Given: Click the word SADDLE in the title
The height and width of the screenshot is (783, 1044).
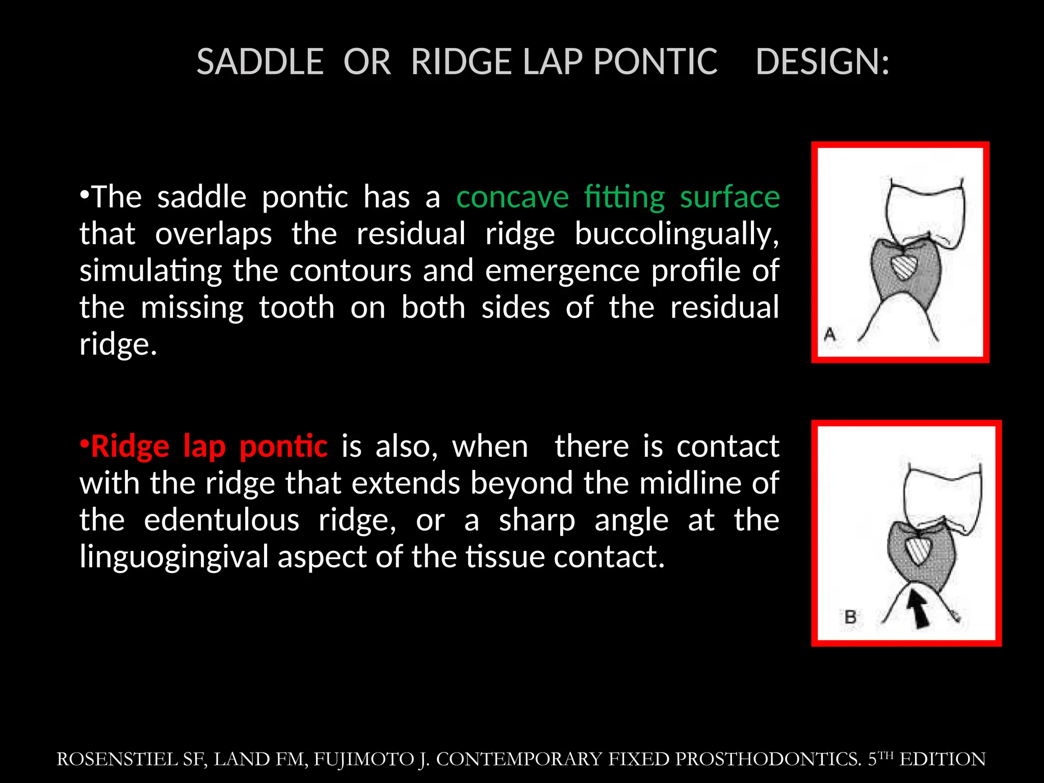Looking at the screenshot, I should [260, 62].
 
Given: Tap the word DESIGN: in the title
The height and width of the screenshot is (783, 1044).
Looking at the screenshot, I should [822, 62].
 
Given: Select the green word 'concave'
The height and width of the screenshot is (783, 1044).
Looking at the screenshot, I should [512, 197].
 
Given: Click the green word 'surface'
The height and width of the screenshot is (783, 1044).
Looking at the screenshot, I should [729, 197].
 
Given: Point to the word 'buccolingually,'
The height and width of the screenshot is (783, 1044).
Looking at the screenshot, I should [677, 234].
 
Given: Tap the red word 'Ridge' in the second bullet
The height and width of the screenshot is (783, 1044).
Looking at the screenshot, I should [130, 447].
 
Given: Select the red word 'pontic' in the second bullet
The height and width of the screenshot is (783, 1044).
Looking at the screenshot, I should [283, 447].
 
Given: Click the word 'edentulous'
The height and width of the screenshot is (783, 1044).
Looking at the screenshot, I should [221, 520].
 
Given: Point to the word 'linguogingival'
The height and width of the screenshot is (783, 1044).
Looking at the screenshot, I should [174, 557].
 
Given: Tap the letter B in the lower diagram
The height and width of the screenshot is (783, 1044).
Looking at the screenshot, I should [850, 617].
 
